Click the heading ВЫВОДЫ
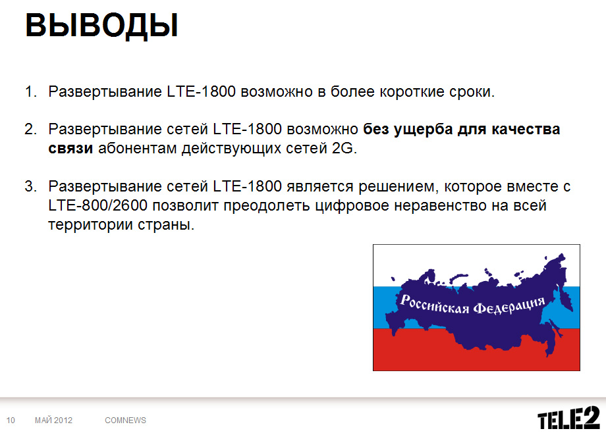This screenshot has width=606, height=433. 101,26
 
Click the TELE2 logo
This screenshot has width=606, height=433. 568,418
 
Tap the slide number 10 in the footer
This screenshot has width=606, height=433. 11,420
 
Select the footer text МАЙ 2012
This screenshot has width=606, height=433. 54,420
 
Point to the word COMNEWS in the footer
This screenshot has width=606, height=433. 126,420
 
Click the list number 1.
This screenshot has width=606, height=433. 30,92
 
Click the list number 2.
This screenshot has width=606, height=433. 30,129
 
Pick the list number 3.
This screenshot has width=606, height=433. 30,186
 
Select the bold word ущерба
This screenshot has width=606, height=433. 423,130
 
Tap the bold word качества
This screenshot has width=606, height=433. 526,130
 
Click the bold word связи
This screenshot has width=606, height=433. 70,148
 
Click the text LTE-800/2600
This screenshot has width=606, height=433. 97,205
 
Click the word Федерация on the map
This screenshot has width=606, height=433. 509,305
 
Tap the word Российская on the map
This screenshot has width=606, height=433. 434,304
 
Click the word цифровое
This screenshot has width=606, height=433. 352,206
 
